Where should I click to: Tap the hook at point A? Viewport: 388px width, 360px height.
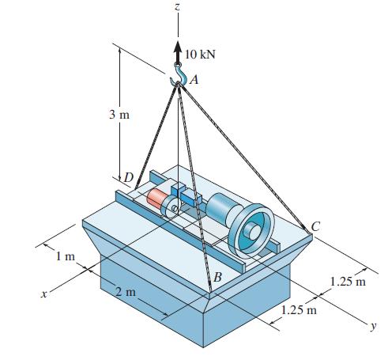point(179,76)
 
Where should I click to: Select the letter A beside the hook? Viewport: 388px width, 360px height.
point(194,78)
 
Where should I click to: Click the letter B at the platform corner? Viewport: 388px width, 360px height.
point(217,276)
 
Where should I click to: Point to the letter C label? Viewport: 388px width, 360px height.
point(315,227)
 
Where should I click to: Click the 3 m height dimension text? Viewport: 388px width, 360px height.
point(119,115)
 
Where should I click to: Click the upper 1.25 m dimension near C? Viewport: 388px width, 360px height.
point(350,281)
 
